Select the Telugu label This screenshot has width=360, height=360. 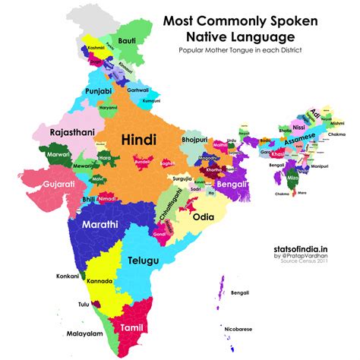(x=143, y=261)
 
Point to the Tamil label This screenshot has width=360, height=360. (x=130, y=327)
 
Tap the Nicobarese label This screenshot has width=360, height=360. (x=238, y=330)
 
